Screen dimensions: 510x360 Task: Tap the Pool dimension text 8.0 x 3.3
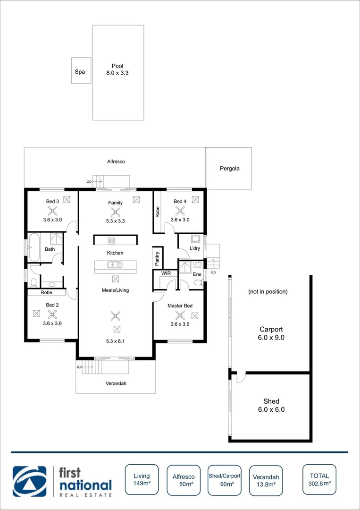coord(117,73)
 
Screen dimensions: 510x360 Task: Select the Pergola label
coord(229,168)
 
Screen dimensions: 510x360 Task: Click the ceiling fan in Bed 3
coord(52,212)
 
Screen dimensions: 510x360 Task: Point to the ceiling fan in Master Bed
coord(179,315)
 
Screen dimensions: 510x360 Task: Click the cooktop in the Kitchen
coord(112,240)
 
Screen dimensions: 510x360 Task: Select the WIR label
coord(166,273)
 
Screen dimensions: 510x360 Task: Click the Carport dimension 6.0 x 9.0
coord(271,338)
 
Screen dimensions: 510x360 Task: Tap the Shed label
coord(271,401)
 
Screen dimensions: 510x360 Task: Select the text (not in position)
coord(268,292)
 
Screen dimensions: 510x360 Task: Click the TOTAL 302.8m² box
coord(319,480)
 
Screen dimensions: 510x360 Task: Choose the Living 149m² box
coord(142,480)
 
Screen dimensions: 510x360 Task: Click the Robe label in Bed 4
coord(158,212)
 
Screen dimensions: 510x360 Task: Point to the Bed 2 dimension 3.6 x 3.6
coord(52,323)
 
